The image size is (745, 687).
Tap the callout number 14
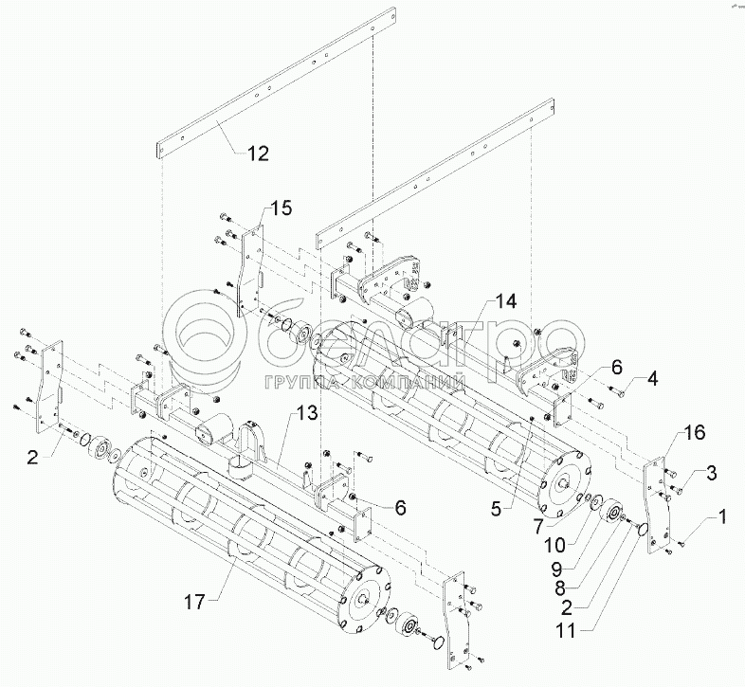pos(505,302)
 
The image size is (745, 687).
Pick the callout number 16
pos(696,434)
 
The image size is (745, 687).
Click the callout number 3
pos(711,471)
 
